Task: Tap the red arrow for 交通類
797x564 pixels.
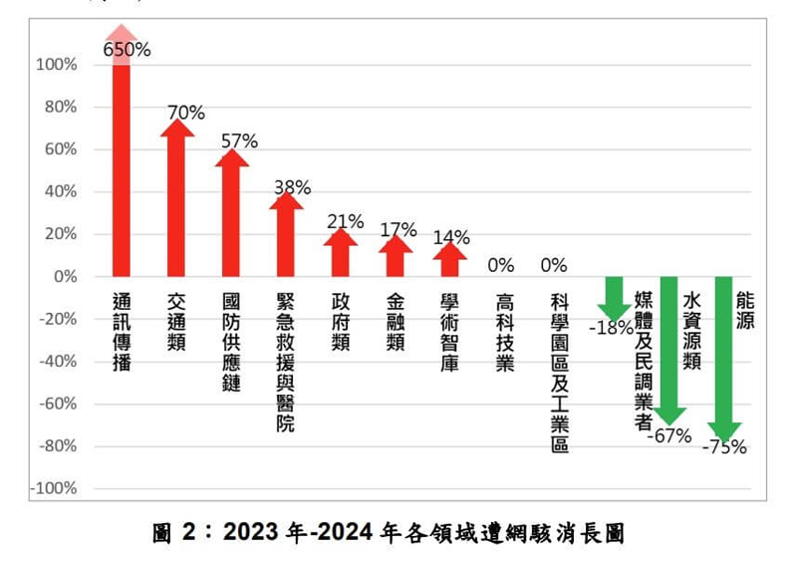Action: pyautogui.click(x=177, y=199)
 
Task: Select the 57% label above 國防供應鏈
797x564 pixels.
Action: pyautogui.click(x=239, y=141)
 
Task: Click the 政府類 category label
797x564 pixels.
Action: pyautogui.click(x=341, y=322)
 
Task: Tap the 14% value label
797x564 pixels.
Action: pyautogui.click(x=451, y=237)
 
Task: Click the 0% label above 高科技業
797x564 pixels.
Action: pyautogui.click(x=500, y=265)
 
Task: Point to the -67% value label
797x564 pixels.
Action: pyautogui.click(x=669, y=435)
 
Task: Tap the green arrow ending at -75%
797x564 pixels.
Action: pyautogui.click(x=724, y=359)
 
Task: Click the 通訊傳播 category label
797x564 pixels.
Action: pyautogui.click(x=122, y=332)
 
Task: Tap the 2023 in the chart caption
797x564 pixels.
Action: pyautogui.click(x=250, y=533)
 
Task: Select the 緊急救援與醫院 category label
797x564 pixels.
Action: pyautogui.click(x=285, y=362)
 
